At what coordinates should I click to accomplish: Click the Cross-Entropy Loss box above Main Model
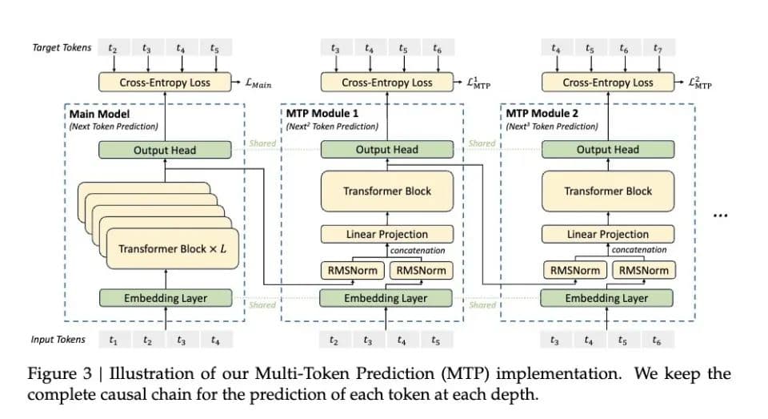(165, 82)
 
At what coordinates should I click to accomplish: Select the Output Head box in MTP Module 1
(387, 150)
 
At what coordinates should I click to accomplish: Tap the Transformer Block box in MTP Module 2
(608, 191)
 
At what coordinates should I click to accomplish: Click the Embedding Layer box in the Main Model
(166, 298)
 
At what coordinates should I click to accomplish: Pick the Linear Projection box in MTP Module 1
(387, 234)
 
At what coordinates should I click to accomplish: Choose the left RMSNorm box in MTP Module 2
(575, 270)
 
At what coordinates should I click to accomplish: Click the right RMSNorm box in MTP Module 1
(422, 270)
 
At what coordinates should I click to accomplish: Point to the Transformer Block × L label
(173, 248)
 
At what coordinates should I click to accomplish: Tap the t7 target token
(658, 48)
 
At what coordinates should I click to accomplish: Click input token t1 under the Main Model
(113, 340)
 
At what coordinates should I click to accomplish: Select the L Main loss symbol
(258, 83)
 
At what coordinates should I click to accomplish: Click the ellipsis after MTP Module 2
(721, 215)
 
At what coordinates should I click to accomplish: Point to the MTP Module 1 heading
(322, 113)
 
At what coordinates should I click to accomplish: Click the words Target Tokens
(62, 47)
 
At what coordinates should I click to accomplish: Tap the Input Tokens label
(58, 340)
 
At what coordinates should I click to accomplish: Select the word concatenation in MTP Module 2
(639, 250)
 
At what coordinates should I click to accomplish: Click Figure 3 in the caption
(59, 374)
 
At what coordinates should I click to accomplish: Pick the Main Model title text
(99, 114)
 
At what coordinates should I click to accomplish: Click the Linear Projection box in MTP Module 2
(608, 234)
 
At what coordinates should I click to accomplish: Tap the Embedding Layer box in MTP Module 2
(606, 298)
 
